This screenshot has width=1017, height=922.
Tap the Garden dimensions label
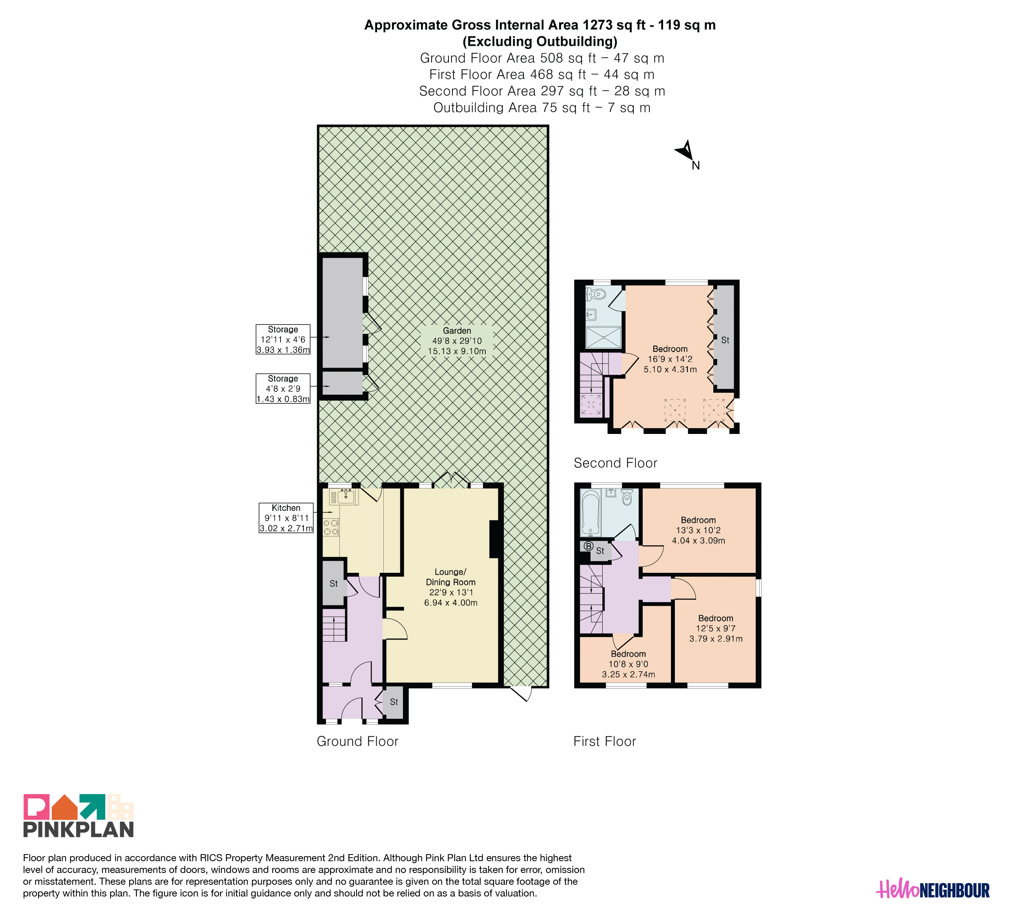click(x=457, y=341)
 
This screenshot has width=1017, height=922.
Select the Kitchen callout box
click(x=286, y=518)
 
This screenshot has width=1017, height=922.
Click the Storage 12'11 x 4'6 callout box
click(x=283, y=339)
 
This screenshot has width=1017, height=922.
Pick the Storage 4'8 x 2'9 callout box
click(x=283, y=388)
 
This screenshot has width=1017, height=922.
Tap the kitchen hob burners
click(x=331, y=527)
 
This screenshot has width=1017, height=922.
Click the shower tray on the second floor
click(x=604, y=337)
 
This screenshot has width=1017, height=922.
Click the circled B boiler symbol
click(x=588, y=546)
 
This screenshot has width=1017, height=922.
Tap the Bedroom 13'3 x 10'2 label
click(x=698, y=530)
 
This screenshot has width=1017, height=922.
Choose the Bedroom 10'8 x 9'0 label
click(x=629, y=664)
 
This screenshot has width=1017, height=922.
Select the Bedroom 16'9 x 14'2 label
click(x=670, y=359)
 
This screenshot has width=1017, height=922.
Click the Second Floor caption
click(x=616, y=463)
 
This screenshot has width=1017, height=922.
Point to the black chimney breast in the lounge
click(x=494, y=539)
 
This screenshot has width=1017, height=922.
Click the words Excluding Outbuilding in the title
click(x=540, y=41)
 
